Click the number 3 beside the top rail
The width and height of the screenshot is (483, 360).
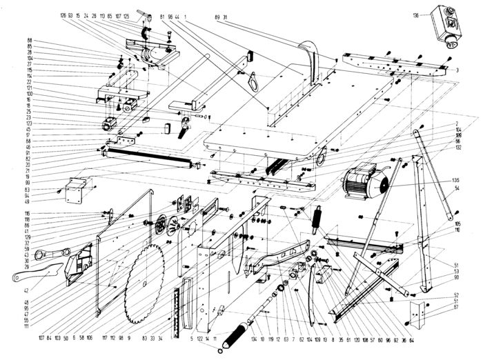tap(457, 70)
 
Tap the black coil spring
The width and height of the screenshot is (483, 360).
tap(319, 222)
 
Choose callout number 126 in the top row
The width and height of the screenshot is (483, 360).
tap(63, 14)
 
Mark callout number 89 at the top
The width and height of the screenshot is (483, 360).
tap(218, 14)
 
